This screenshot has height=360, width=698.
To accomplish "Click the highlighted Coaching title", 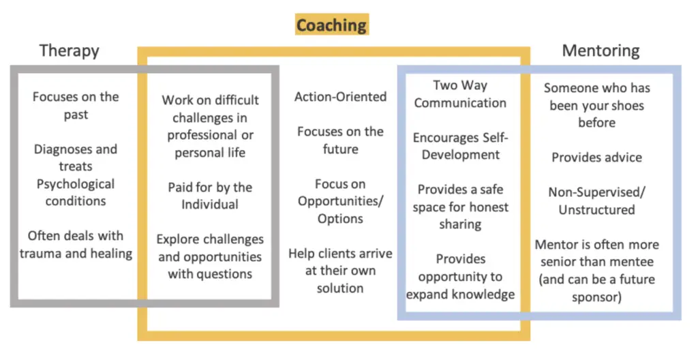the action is tap(332, 25).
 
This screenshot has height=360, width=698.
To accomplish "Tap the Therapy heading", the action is tap(70, 50).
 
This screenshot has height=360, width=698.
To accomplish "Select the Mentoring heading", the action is tap(601, 50).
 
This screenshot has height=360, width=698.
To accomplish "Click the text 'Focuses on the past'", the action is tap(76, 106).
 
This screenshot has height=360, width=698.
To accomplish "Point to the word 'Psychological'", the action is tap(76, 184).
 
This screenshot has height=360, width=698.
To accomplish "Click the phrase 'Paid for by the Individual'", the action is tap(210, 196).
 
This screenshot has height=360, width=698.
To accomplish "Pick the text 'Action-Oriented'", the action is tap(341, 97).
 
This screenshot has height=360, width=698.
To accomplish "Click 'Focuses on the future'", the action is tap(341, 140).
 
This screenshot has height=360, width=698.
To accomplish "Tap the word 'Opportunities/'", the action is tap(341, 201).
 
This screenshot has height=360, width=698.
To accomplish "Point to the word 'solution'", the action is tap(341, 288).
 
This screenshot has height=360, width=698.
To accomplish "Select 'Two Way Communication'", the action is tap(460, 94).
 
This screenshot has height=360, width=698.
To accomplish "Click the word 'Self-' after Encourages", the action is tap(492, 138).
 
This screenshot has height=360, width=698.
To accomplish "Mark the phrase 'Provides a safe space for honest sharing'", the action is tap(460, 207).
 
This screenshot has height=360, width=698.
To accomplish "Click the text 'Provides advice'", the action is tap(597, 157).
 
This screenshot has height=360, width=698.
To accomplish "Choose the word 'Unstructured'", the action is tap(597, 209).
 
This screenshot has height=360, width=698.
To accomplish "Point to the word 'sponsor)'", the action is tap(597, 297).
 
